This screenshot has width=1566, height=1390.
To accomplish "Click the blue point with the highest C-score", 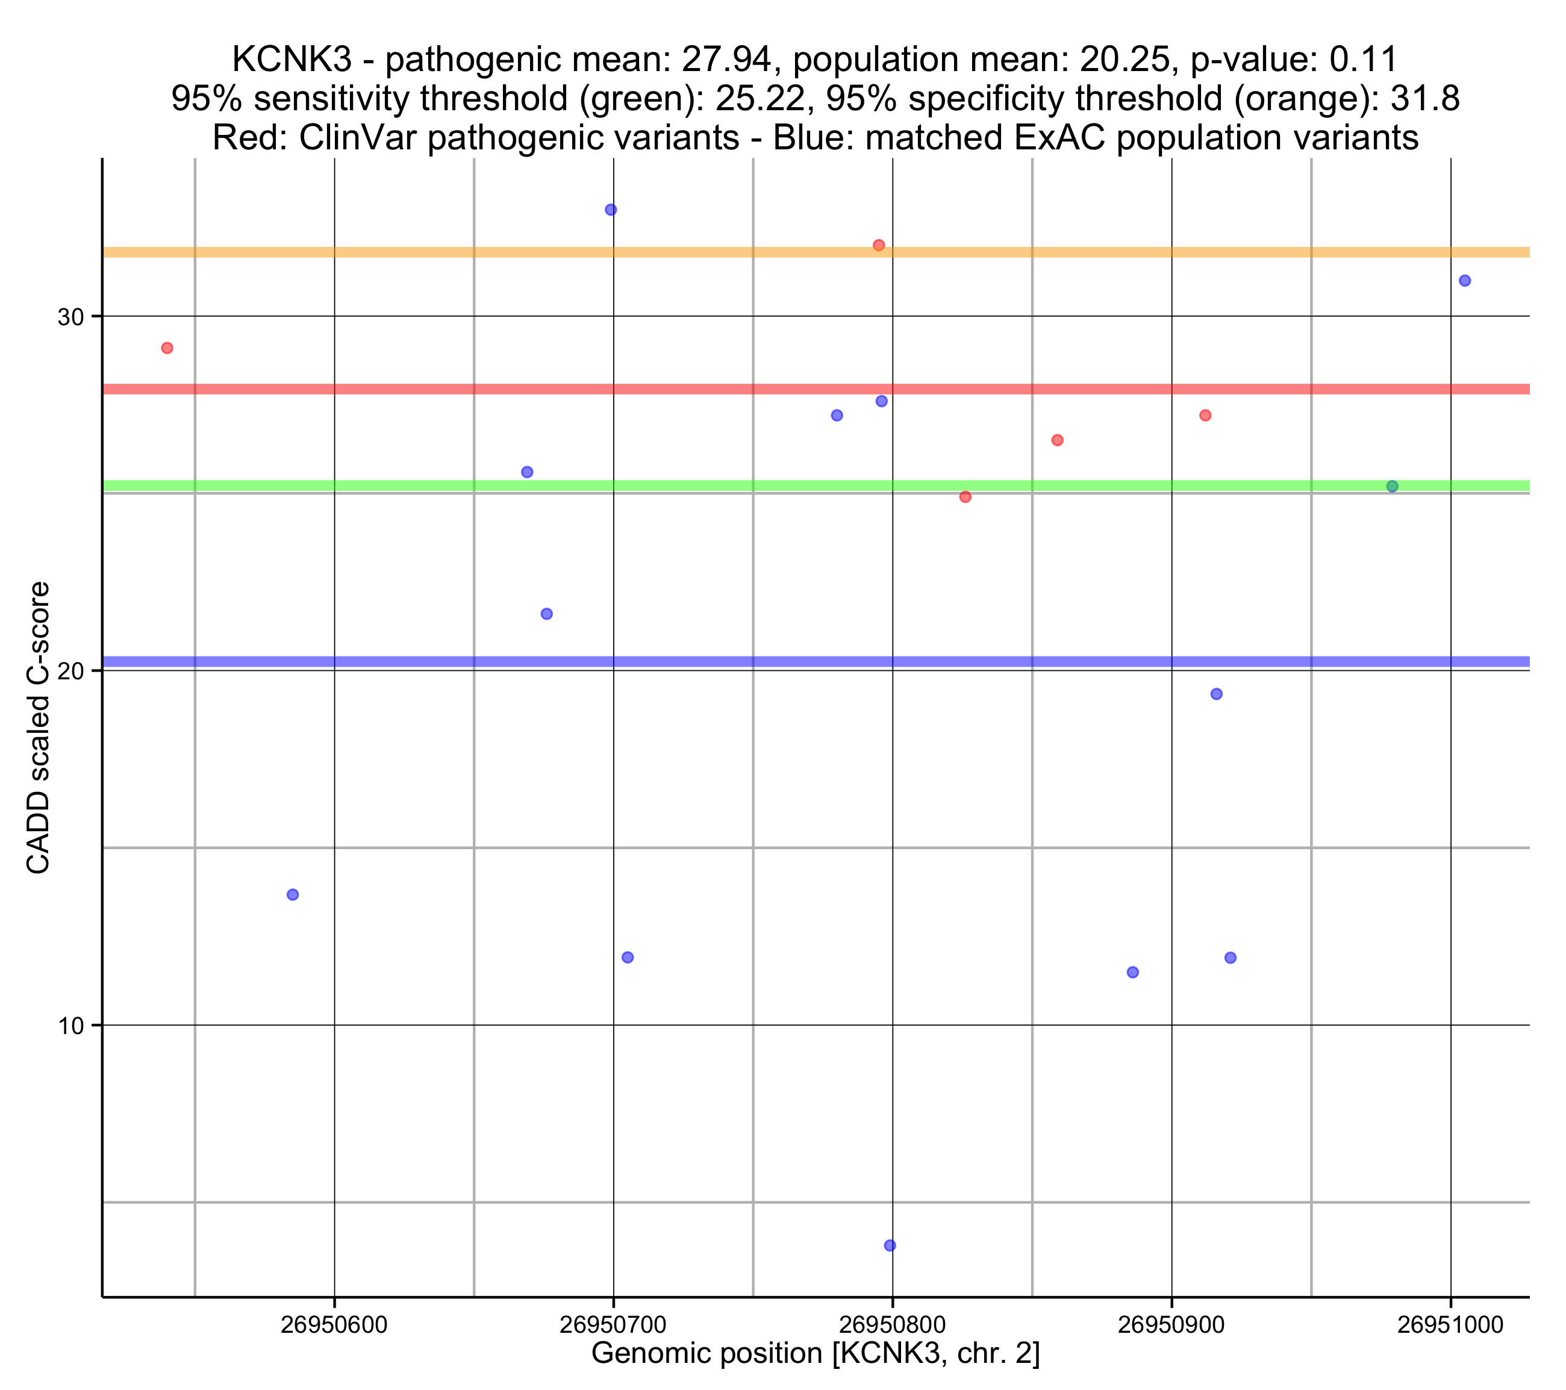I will (611, 210).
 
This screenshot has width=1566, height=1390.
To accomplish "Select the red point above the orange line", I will (879, 245).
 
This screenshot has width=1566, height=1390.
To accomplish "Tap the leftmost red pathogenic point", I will (167, 348).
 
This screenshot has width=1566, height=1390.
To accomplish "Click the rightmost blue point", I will (1465, 281).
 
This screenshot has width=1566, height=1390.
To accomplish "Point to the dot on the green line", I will (1392, 487).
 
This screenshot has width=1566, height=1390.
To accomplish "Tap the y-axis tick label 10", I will (70, 1026).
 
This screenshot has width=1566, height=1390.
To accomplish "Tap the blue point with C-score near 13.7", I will (293, 895).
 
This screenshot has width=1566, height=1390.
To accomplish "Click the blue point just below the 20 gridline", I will (1216, 694).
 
